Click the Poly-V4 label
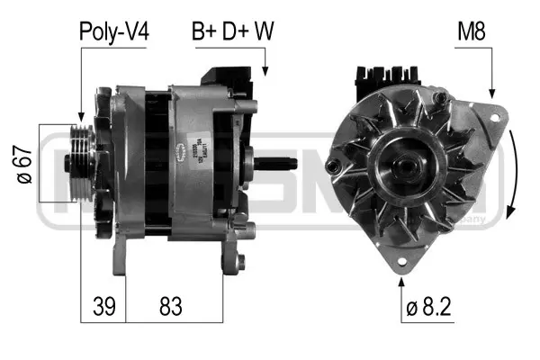114,31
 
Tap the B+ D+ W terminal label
233,31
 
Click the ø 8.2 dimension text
429,307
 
